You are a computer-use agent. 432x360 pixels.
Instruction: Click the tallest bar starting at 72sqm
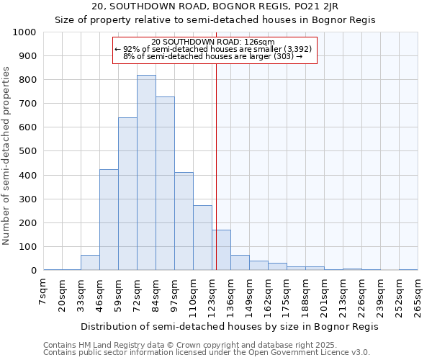point(146,173)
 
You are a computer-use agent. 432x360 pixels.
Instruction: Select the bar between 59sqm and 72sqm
point(127,194)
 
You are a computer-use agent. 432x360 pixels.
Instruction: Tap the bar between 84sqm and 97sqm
point(165,184)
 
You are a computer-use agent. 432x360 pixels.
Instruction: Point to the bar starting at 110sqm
point(202,238)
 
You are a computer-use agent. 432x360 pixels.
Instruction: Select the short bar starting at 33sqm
point(90,263)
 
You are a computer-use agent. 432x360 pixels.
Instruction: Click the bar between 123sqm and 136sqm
point(221,250)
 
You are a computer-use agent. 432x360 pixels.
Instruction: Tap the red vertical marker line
point(216,180)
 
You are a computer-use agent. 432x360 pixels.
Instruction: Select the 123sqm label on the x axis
point(212,294)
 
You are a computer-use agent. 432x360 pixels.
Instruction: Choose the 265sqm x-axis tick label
point(418,294)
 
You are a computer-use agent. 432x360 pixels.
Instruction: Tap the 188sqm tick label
point(305,294)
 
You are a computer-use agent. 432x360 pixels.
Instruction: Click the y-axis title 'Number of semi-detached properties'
point(7,156)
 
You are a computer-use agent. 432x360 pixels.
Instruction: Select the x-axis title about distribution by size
point(230,326)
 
